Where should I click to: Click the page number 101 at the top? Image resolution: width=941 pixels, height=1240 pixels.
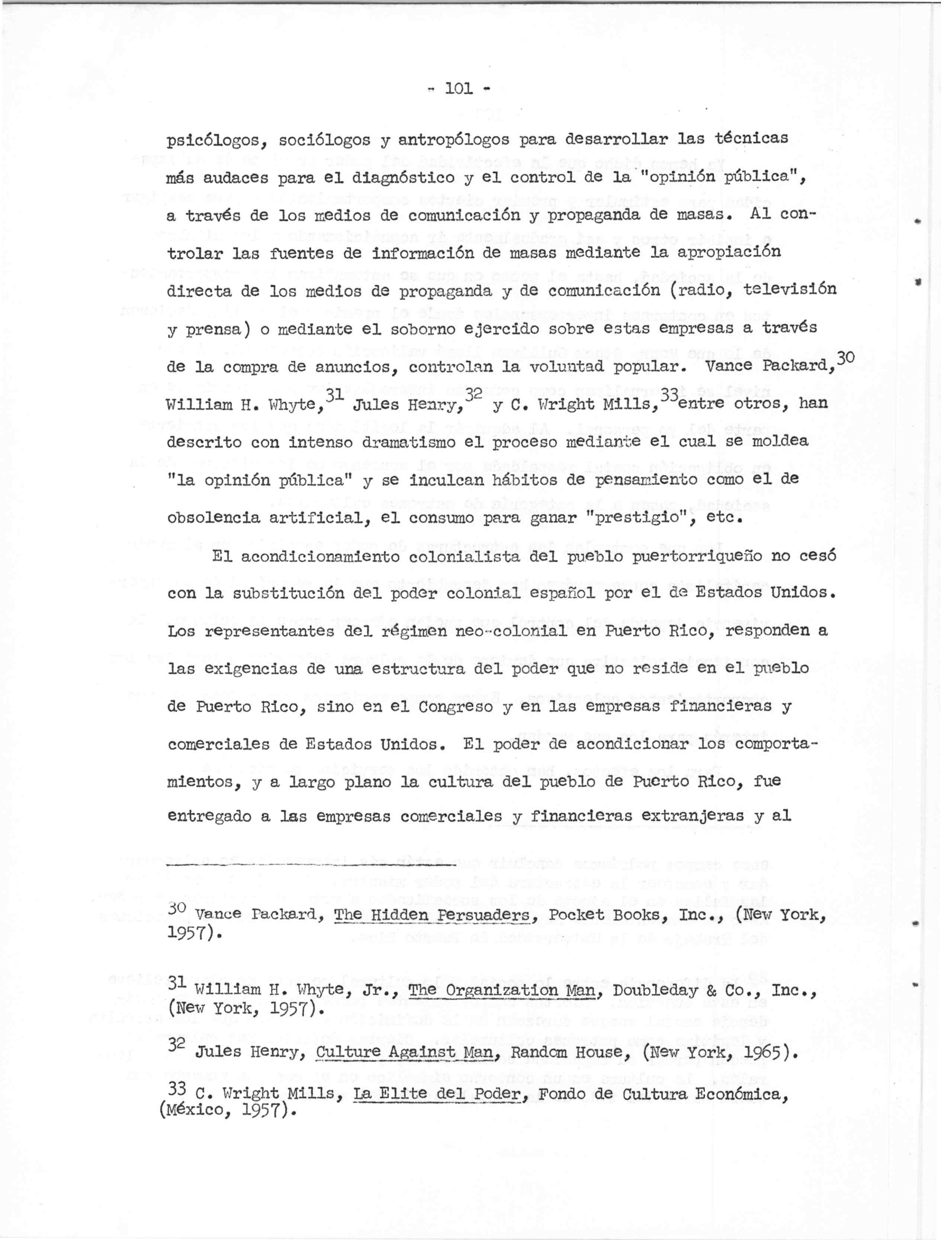tap(459, 89)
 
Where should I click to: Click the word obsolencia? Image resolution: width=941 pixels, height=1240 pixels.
tap(213, 518)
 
